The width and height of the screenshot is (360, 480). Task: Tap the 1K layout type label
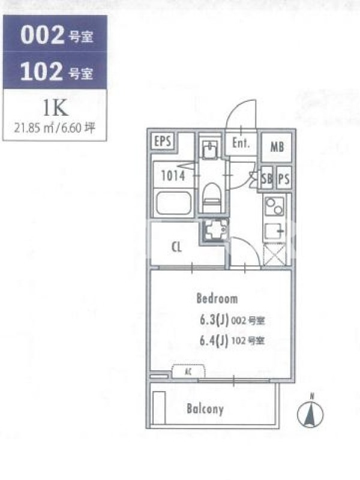point(55,108)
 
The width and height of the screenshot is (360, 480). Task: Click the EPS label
point(163,141)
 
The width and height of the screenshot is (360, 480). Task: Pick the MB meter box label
point(277,147)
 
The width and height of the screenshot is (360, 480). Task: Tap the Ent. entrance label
point(241,143)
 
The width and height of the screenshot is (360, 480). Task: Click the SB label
point(266,179)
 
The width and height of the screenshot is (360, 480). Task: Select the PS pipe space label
point(284,179)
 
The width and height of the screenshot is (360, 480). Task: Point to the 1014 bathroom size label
point(173,176)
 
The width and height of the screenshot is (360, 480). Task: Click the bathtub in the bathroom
point(173,203)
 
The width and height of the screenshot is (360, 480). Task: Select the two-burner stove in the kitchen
point(275,206)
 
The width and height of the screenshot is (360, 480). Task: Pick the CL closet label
point(176,247)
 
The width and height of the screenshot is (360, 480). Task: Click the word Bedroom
point(217,298)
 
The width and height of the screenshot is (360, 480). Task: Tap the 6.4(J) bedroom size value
point(214,340)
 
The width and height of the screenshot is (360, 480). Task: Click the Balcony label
point(205,409)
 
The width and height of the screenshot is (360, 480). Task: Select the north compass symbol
point(310,414)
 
